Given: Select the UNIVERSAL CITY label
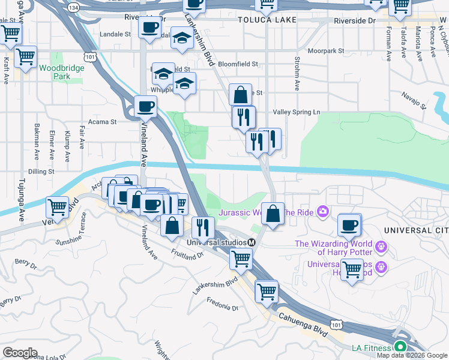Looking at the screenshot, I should (x=416, y=230).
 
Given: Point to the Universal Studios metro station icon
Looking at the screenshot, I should (x=252, y=242).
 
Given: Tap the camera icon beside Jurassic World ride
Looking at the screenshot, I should (x=323, y=211).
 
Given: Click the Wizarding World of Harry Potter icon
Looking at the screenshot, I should (x=380, y=247).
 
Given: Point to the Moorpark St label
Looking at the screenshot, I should (x=326, y=51).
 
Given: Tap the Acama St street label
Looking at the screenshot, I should (x=102, y=122).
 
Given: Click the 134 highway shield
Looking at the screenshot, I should (x=73, y=8).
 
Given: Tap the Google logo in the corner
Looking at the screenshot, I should (x=20, y=353).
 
